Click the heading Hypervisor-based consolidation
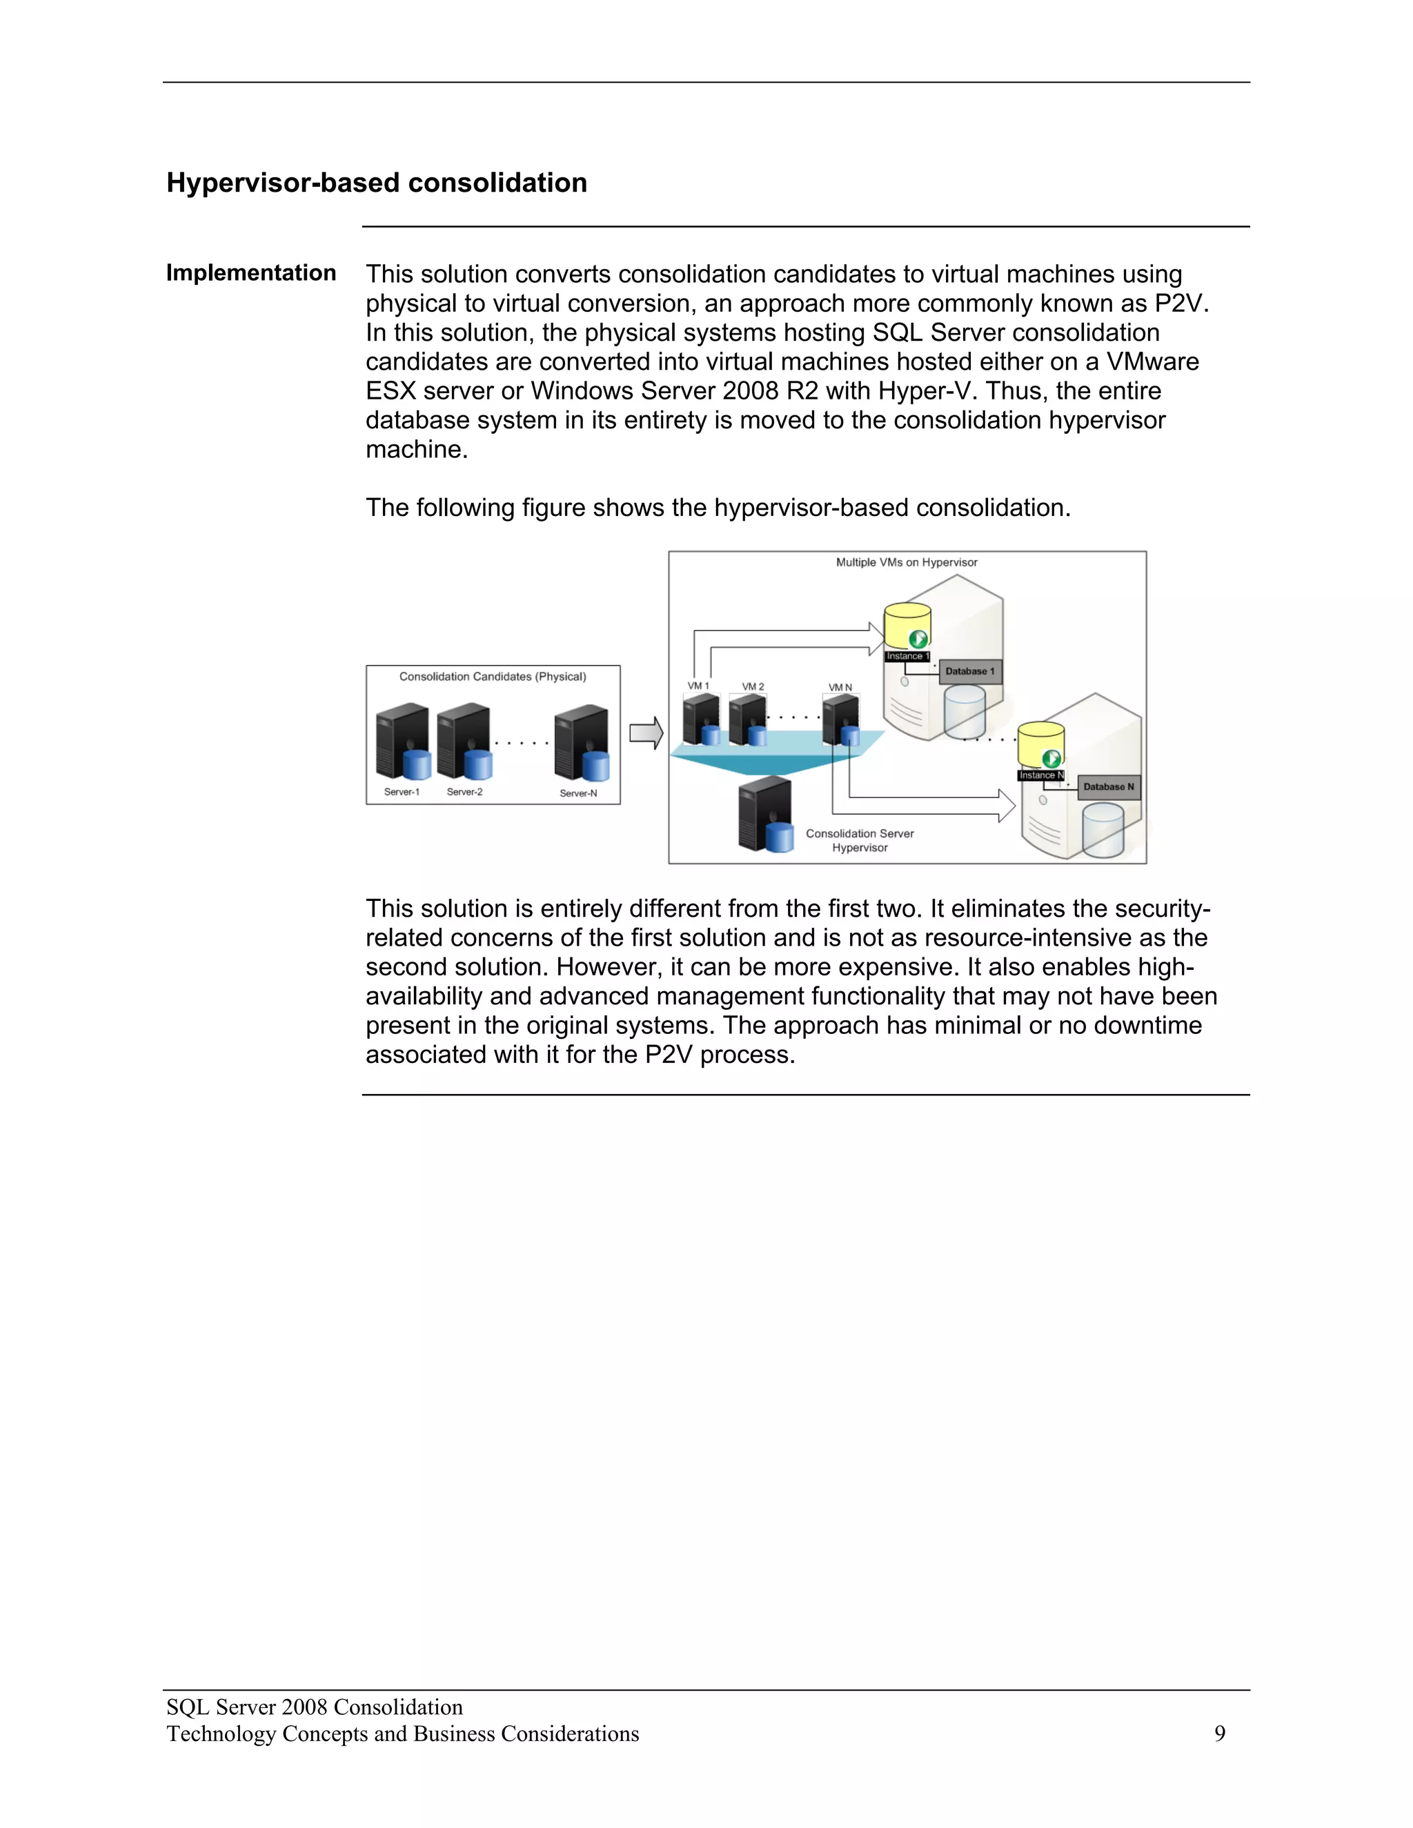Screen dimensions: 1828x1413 [x=377, y=183]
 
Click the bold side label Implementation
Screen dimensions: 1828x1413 [x=251, y=273]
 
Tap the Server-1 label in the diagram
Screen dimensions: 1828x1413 [x=402, y=792]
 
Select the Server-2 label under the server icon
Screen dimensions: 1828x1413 [x=464, y=792]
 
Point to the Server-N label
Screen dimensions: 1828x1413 [x=578, y=793]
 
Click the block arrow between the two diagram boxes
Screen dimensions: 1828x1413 [x=645, y=733]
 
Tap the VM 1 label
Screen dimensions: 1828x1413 [x=698, y=686]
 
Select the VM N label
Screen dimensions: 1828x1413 [x=840, y=687]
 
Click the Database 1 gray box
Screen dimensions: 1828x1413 [x=969, y=671]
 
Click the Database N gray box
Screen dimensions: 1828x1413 [x=1108, y=787]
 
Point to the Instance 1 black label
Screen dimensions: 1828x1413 [x=907, y=656]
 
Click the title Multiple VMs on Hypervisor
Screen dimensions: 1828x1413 [x=907, y=562]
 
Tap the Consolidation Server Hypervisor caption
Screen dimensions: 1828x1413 [x=860, y=840]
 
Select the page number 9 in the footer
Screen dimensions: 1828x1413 [x=1220, y=1733]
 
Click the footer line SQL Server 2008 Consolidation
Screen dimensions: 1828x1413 [x=315, y=1707]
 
